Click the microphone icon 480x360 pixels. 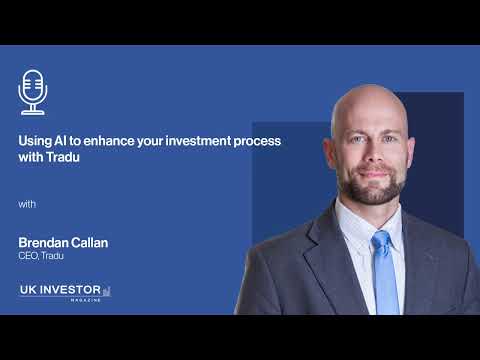point(33,91)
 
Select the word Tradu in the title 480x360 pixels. point(62,158)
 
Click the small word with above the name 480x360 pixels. point(27,205)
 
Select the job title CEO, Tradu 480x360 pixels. point(42,256)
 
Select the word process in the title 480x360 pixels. point(256,141)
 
